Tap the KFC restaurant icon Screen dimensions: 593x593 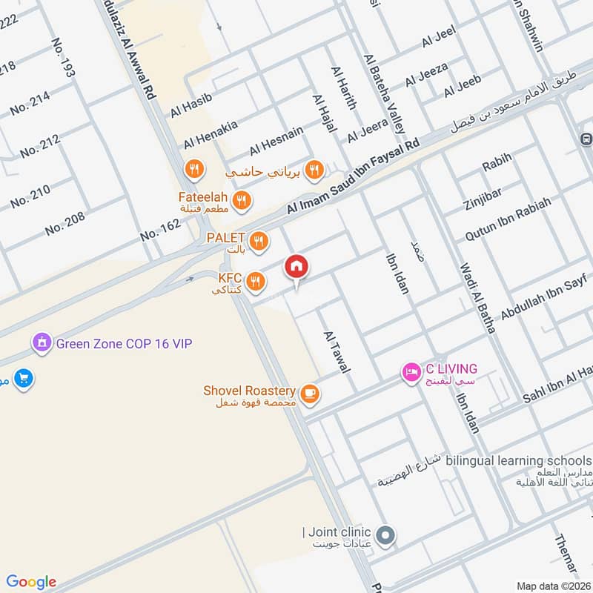(255, 281)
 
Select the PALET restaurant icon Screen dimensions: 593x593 (259, 240)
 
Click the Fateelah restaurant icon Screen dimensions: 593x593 (240, 199)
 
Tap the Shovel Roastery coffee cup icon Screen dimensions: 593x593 (310, 394)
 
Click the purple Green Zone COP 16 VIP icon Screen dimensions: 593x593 (40, 342)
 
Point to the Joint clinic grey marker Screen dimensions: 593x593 (384, 534)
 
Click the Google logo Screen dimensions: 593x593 (31, 582)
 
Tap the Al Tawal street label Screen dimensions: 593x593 (337, 351)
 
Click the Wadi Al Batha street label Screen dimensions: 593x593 (477, 297)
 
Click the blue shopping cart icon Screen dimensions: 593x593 (24, 378)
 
